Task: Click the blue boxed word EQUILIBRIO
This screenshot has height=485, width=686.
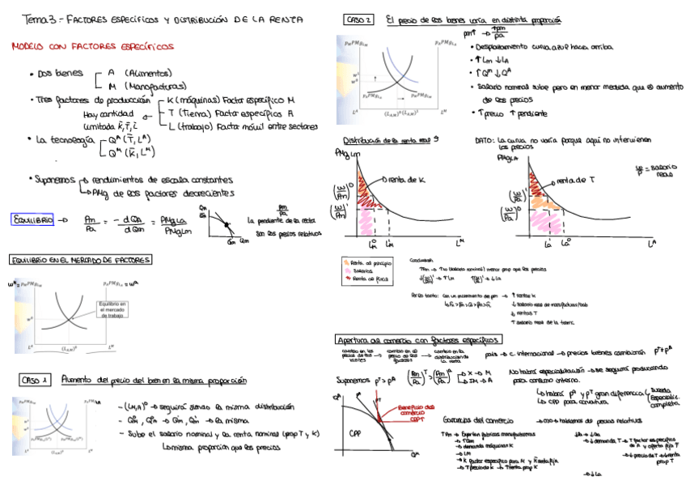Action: (32, 219)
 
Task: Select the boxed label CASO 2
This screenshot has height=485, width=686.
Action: (358, 19)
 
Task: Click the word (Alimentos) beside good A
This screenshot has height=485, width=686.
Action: (154, 72)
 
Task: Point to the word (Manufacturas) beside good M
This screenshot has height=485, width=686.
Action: (159, 86)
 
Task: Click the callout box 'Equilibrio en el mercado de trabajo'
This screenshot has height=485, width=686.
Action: (112, 310)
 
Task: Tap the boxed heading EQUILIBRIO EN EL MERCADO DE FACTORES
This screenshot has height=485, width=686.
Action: (81, 260)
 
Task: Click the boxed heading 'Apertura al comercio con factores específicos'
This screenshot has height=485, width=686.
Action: (417, 338)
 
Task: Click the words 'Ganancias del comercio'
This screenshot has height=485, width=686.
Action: (476, 421)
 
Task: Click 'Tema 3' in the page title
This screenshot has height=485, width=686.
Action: (37, 18)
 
